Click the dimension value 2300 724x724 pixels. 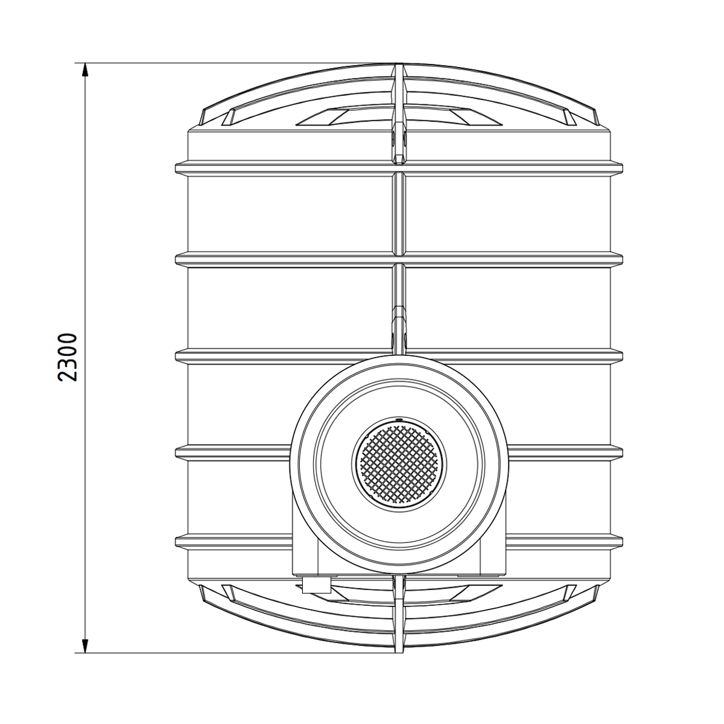pyautogui.click(x=68, y=357)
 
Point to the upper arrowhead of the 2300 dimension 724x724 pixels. pyautogui.click(x=85, y=70)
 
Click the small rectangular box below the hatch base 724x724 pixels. pyautogui.click(x=316, y=595)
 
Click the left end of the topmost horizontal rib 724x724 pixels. pyautogui.click(x=176, y=167)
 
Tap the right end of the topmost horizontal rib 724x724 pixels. pyautogui.click(x=622, y=167)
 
